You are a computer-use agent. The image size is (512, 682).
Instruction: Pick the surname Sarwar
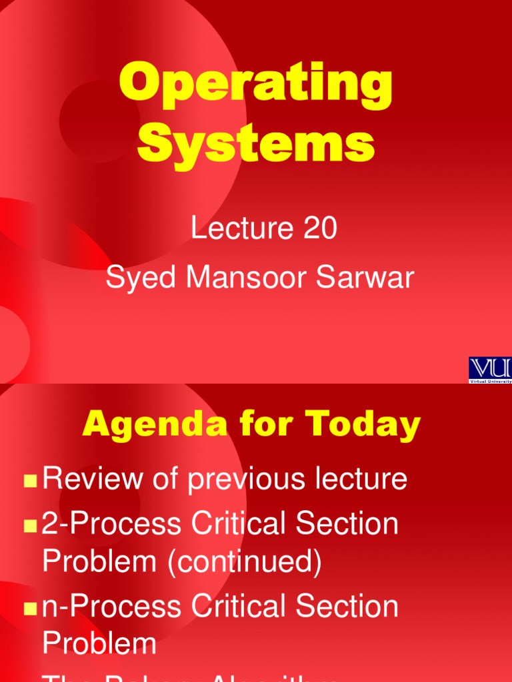361,278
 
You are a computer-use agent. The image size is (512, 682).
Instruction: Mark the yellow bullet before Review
30,481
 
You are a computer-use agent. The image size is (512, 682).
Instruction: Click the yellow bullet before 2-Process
30,526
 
